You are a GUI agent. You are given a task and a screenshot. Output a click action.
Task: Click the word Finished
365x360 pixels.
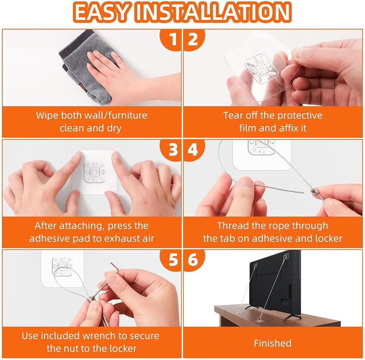273,343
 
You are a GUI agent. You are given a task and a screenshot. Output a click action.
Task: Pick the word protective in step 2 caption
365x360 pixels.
300,115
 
